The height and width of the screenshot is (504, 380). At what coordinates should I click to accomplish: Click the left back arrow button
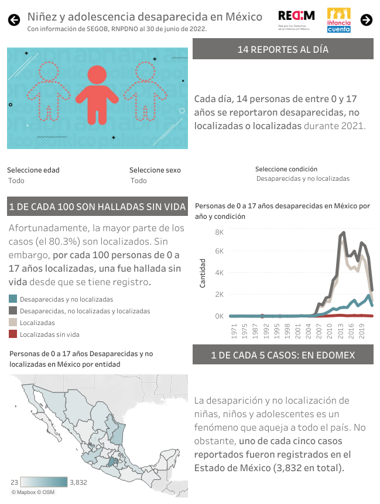[x=13, y=20]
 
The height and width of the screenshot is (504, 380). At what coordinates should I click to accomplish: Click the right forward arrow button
[x=367, y=20]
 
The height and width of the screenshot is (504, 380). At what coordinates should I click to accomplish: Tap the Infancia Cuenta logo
[x=339, y=20]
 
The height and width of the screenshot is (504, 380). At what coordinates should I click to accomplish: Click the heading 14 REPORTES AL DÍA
[x=283, y=49]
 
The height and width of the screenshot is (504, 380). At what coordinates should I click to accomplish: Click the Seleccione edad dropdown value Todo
[x=16, y=181]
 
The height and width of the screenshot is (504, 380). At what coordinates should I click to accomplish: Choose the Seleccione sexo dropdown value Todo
[x=139, y=181]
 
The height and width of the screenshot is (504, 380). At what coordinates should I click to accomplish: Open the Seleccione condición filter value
[x=303, y=178]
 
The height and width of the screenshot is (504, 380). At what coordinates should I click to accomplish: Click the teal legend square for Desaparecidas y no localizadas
[x=13, y=299]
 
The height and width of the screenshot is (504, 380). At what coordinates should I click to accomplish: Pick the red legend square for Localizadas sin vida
[x=13, y=334]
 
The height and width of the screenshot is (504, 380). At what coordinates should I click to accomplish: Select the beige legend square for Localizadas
[x=13, y=323]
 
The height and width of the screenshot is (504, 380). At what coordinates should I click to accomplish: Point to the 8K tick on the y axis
[x=220, y=232]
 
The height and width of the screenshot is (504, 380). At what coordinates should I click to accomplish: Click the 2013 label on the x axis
[x=341, y=332]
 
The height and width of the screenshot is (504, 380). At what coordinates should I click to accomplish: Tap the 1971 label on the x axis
[x=234, y=332]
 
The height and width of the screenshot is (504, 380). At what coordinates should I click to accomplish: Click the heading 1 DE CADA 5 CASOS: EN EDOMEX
[x=283, y=355]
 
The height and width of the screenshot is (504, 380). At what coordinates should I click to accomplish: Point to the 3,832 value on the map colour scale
[x=78, y=482]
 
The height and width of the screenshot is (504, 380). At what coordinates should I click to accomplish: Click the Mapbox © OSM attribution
[x=36, y=492]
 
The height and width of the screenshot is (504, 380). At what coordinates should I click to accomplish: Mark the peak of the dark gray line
[x=343, y=232]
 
